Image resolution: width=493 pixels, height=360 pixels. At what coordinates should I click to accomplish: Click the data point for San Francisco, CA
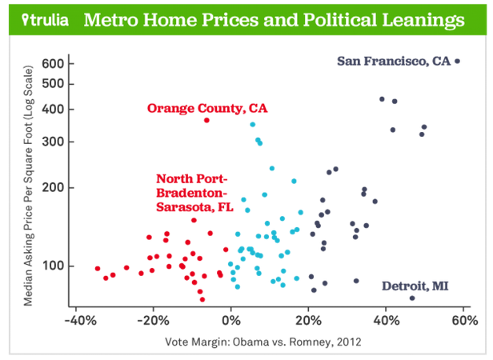tap(457, 61)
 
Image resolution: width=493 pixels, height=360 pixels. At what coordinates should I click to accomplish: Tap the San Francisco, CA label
tap(394, 61)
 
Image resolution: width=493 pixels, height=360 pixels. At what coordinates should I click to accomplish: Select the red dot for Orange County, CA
tap(207, 120)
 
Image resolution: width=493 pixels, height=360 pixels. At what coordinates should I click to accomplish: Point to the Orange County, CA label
tap(206, 107)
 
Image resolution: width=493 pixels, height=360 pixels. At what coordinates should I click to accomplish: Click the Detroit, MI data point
tap(412, 298)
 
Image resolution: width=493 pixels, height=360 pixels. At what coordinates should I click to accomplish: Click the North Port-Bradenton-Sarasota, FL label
tap(192, 192)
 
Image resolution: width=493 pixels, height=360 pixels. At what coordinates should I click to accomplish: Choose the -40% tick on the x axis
tap(75, 321)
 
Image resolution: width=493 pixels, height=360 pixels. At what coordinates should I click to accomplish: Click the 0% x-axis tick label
tap(231, 321)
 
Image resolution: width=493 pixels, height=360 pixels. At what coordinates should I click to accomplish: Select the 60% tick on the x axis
tap(464, 321)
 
